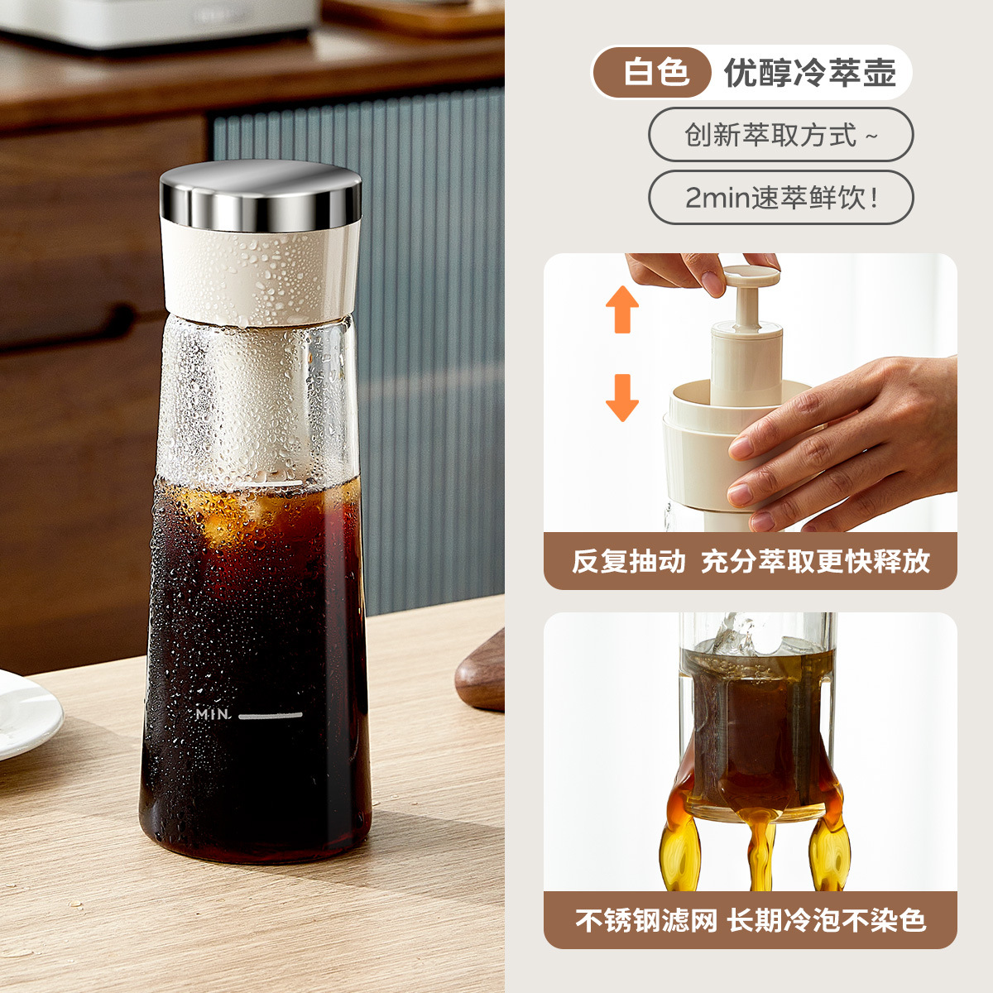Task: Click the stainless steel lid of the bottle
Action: pos(261,194)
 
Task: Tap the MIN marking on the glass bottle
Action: pos(213,713)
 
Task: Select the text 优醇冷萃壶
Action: pos(810,73)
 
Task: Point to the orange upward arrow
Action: pos(622,309)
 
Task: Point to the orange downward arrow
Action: pos(622,397)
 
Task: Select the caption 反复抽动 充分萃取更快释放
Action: pos(751,561)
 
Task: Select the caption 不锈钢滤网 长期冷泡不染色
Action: pos(751,920)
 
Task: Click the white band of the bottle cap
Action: pos(261,273)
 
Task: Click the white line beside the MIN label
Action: pos(271,715)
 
